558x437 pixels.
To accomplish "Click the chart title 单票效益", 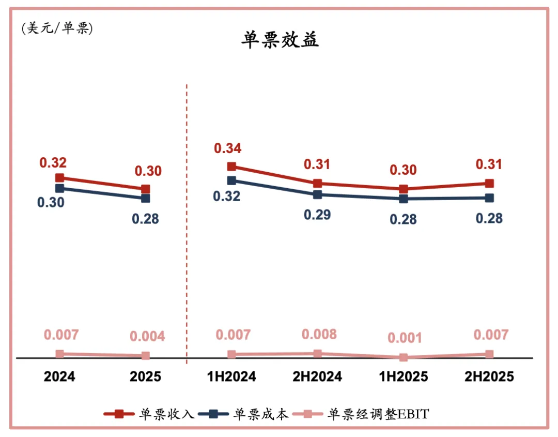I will click(280, 40).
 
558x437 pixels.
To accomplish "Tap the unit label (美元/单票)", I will click(57, 28).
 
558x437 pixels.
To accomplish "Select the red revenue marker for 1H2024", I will click(232, 167).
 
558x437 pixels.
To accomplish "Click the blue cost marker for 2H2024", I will click(317, 194).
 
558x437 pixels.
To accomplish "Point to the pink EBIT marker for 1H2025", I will click(403, 357).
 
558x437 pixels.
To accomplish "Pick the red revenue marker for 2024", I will click(60, 178).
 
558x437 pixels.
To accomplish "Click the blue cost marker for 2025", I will click(145, 198).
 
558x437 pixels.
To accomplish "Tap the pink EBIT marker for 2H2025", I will click(489, 354).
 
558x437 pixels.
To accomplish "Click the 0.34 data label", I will click(227, 148).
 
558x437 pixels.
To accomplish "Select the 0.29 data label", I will click(317, 215).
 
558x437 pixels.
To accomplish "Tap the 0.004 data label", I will click(147, 337).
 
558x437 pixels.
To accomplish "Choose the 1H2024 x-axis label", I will click(232, 376).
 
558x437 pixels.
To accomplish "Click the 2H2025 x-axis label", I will click(489, 376).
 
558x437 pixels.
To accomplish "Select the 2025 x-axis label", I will click(145, 376).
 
